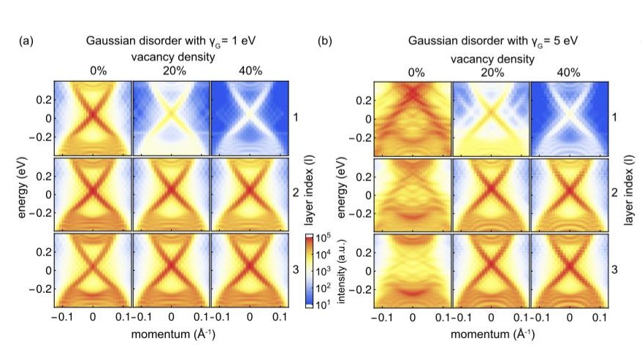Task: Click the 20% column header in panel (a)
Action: (x=171, y=72)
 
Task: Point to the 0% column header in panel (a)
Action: (x=93, y=72)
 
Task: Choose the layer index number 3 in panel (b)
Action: (x=615, y=270)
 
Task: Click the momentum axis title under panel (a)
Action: (x=171, y=334)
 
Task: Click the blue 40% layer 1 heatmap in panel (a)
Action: (x=249, y=117)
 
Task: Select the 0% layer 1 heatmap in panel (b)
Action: (x=413, y=117)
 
